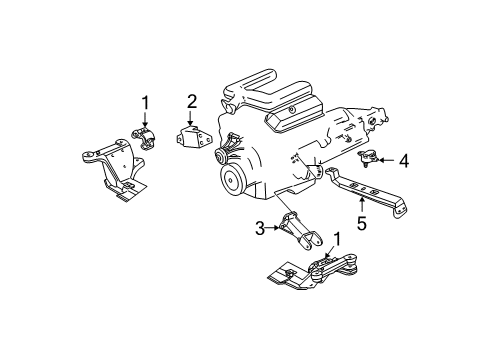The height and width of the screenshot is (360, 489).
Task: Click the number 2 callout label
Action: pos(190,101)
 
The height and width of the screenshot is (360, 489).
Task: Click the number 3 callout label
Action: pos(260,229)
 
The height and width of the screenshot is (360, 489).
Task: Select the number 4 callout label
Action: pos(404,159)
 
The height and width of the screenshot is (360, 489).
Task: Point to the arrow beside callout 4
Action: pos(388,159)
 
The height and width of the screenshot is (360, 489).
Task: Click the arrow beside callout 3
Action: pos(273,229)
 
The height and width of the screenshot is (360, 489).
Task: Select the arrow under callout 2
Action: pos(190,118)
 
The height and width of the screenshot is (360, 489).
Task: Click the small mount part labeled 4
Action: pos(371,157)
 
